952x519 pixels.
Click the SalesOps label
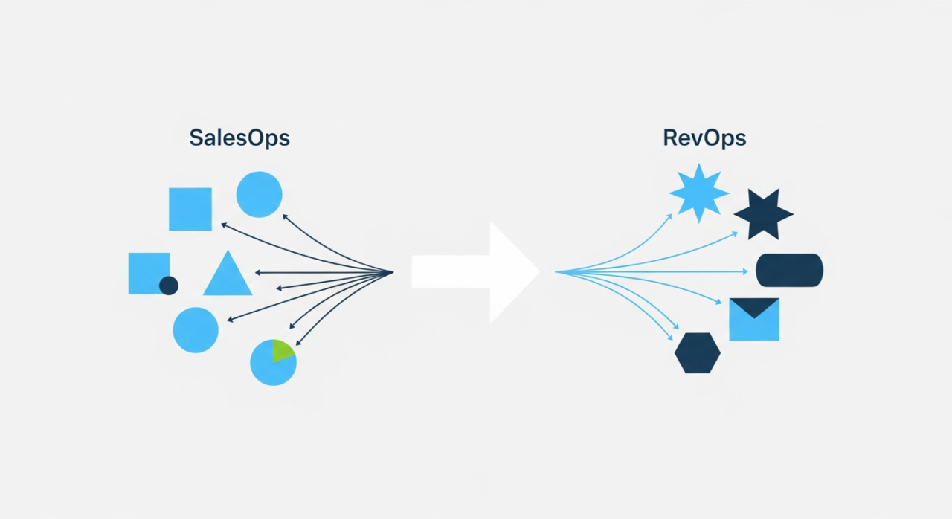tap(239, 138)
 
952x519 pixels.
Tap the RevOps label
tap(704, 138)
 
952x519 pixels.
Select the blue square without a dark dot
tap(190, 209)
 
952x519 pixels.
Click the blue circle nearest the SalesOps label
tap(259, 194)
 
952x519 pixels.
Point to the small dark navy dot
tap(169, 286)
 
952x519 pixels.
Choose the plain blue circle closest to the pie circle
tap(196, 329)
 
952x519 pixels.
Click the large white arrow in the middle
tap(476, 271)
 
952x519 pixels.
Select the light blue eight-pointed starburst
tap(698, 193)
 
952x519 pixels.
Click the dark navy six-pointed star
tap(764, 214)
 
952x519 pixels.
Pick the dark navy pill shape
tap(789, 270)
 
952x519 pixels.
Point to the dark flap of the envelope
tap(754, 306)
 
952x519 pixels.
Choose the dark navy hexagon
tap(698, 353)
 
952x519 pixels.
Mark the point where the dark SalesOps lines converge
tap(392, 272)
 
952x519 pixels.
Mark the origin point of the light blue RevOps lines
tap(556, 272)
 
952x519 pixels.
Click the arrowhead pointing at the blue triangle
tap(257, 272)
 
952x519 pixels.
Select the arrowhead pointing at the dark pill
tap(747, 271)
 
